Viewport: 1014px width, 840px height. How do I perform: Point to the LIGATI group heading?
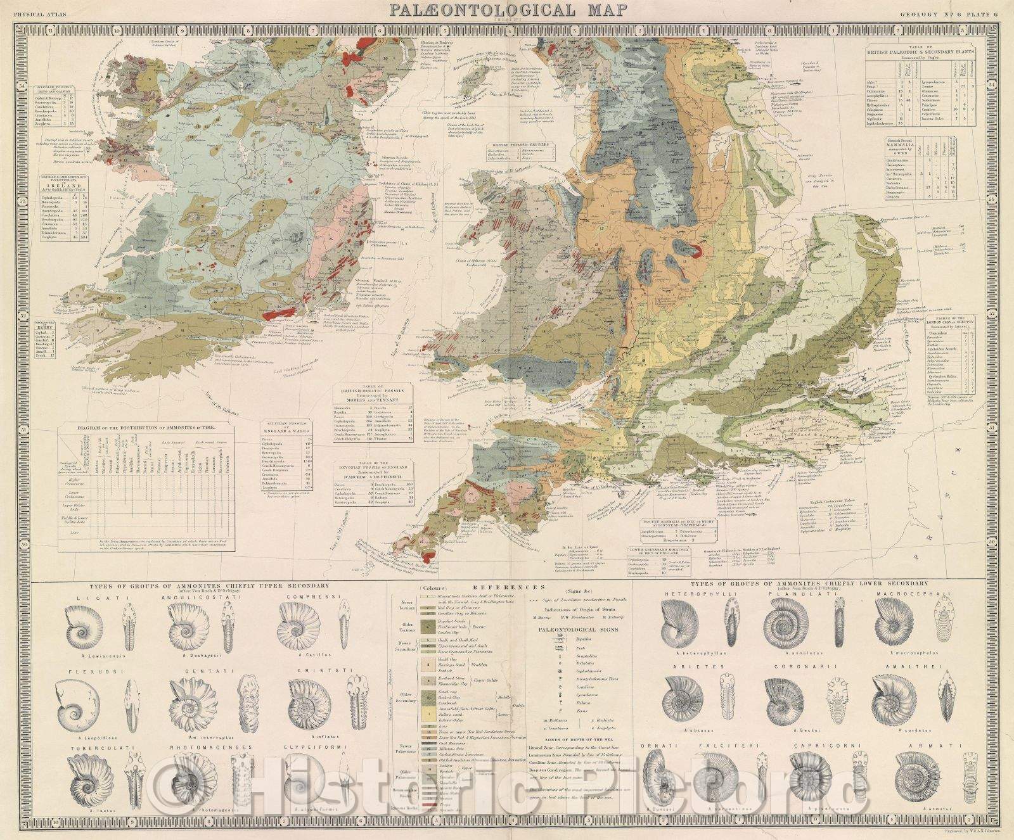94,597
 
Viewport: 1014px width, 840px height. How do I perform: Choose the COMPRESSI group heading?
306,597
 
